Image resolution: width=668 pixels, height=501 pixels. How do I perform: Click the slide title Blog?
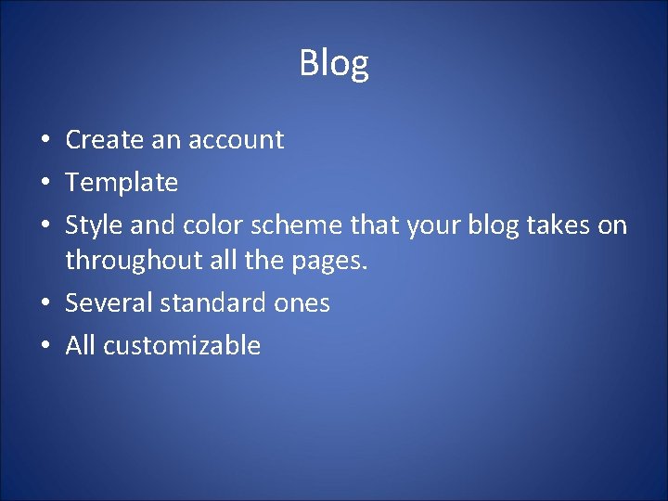334,63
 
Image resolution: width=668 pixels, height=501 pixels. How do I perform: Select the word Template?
122,182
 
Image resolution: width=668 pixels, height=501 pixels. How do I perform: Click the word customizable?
182,346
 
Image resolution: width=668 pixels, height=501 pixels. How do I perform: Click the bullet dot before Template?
45,184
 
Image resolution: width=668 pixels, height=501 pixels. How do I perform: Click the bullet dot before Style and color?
45,226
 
